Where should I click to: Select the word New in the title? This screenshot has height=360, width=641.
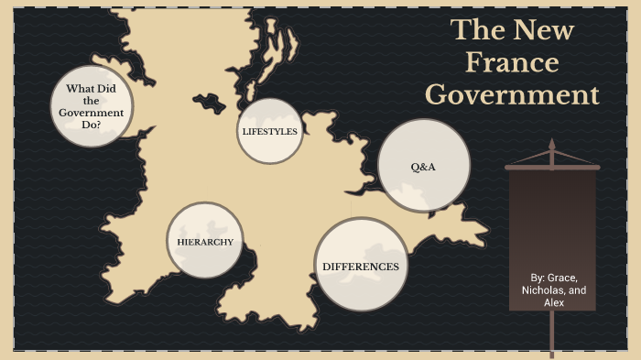point(544,30)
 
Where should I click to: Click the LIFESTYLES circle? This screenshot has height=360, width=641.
point(269,132)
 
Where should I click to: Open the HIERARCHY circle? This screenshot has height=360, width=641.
point(204,242)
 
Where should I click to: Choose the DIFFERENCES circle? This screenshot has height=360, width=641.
point(361,266)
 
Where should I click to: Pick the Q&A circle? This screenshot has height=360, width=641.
point(423,166)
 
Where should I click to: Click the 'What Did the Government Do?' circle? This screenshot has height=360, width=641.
point(92,105)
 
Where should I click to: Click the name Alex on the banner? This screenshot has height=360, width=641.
point(554,302)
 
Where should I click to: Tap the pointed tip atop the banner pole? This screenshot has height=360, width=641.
point(552,143)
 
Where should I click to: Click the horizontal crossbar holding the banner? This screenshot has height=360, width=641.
point(552,168)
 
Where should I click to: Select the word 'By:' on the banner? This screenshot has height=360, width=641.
point(538,277)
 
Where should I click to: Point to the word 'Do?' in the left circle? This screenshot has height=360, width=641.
point(92,124)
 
